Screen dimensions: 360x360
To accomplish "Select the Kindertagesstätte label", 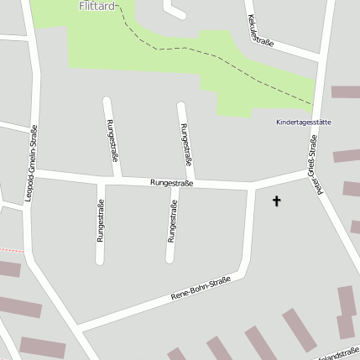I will tap(303, 122).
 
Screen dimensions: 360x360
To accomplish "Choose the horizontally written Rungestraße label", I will tap(172, 181).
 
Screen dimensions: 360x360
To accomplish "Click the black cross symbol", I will tap(277, 201).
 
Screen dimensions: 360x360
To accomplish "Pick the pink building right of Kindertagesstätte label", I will tap(346, 91).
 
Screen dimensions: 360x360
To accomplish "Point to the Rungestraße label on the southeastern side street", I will tap(172, 225).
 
